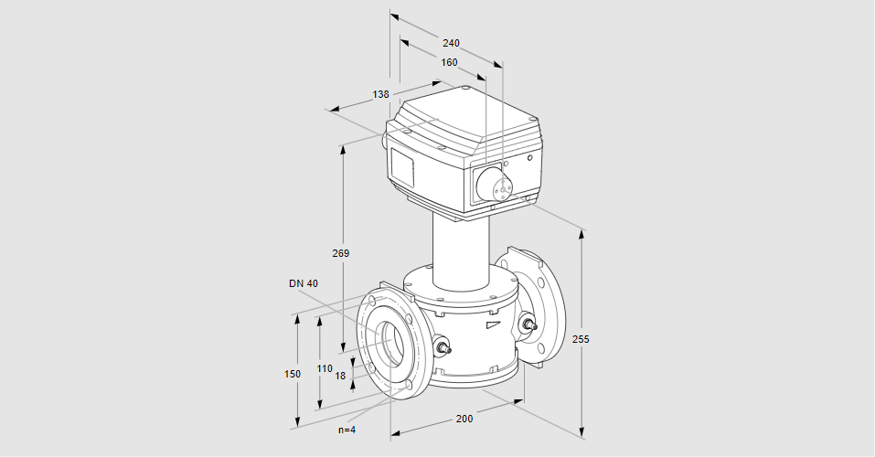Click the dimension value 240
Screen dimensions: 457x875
point(451,43)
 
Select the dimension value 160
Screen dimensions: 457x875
point(449,62)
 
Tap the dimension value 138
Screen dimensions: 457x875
point(381,94)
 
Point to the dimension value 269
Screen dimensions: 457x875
point(341,252)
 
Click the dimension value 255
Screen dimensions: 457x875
point(581,338)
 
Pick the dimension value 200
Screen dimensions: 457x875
point(464,419)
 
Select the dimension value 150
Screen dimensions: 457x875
point(293,374)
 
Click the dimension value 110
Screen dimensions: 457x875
point(325,367)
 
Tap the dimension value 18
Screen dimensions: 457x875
point(340,375)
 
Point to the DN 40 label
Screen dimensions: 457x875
point(304,283)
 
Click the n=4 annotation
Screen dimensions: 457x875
point(347,430)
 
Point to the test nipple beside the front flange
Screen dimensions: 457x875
point(443,347)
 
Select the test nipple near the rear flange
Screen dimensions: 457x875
point(528,324)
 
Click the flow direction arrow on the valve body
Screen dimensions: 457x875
point(494,324)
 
